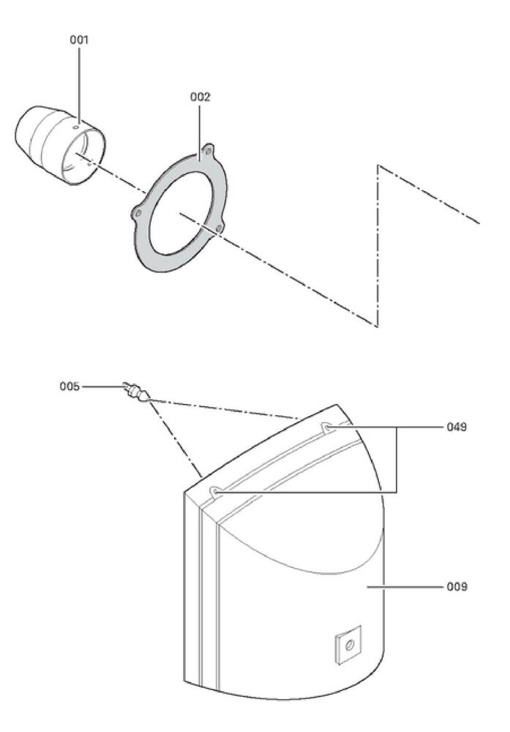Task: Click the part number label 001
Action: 79,40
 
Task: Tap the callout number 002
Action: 200,97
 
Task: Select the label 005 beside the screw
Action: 70,386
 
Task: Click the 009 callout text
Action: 457,586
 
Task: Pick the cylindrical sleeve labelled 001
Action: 55,143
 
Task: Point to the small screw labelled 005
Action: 136,392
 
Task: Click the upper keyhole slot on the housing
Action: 327,427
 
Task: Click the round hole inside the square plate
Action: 348,644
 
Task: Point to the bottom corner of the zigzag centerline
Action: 377,325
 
